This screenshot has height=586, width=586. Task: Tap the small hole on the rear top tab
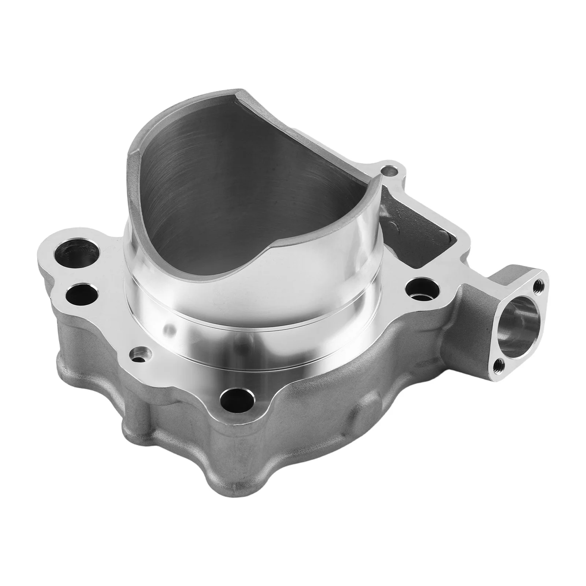pos(389,170)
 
